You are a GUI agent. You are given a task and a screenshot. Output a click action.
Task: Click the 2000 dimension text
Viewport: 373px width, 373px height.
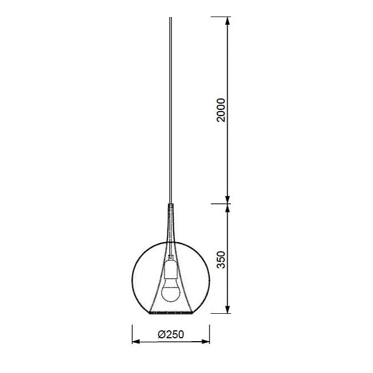(x=222, y=109)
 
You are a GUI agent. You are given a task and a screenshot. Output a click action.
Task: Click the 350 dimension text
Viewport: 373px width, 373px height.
(x=222, y=259)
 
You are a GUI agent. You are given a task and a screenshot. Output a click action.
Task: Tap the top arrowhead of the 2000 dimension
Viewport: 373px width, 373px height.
(x=228, y=22)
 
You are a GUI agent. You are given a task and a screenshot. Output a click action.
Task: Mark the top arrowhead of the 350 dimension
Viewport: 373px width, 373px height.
(x=228, y=209)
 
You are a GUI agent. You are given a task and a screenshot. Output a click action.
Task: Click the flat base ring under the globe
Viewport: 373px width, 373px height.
(x=170, y=313)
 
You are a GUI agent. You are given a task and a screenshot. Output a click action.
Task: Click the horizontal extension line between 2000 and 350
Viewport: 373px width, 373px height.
(x=220, y=203)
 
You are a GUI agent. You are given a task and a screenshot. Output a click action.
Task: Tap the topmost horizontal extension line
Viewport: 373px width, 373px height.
(x=220, y=17)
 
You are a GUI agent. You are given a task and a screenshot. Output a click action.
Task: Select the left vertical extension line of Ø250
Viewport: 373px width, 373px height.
(x=132, y=333)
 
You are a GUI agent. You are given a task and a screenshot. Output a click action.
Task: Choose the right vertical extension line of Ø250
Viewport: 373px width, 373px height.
(x=210, y=333)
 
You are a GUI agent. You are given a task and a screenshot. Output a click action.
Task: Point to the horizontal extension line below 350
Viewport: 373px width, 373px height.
(x=220, y=313)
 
